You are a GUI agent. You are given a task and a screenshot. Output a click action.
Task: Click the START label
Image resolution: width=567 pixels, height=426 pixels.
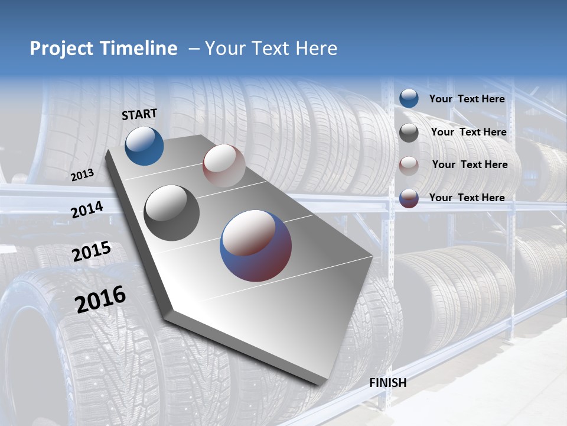139,114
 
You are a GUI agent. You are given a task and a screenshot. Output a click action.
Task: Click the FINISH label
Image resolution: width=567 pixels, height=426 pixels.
387,383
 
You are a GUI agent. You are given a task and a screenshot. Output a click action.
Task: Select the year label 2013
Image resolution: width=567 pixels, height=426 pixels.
83,175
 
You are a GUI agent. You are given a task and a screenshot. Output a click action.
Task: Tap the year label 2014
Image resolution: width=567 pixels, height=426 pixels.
87,209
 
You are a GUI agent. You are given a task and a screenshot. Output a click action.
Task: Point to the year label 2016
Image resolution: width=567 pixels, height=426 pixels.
100,299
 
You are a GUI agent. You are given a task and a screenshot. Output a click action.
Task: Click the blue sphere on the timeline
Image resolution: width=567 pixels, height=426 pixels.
144,146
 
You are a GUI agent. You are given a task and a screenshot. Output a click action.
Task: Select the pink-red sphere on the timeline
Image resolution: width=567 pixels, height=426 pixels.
224,166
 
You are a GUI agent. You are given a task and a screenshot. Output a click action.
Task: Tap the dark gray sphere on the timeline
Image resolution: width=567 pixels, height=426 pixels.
172,212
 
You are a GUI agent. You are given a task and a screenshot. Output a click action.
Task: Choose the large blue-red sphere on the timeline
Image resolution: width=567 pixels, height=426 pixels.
256,245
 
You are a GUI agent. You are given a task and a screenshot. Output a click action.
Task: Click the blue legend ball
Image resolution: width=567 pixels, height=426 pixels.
409,98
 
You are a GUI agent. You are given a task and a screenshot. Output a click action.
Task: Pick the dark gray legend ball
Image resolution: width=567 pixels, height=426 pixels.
409,133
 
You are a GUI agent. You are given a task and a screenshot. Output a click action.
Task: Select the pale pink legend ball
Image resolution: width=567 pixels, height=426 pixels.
409,165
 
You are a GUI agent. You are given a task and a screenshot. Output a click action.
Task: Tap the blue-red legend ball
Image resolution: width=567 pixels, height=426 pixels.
409,198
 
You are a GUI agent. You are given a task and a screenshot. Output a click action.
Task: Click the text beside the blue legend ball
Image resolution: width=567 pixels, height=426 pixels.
467,99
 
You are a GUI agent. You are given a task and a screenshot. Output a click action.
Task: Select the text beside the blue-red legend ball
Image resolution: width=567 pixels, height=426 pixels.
467,198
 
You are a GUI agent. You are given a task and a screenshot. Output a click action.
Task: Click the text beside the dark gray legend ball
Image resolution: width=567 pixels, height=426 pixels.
468,132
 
